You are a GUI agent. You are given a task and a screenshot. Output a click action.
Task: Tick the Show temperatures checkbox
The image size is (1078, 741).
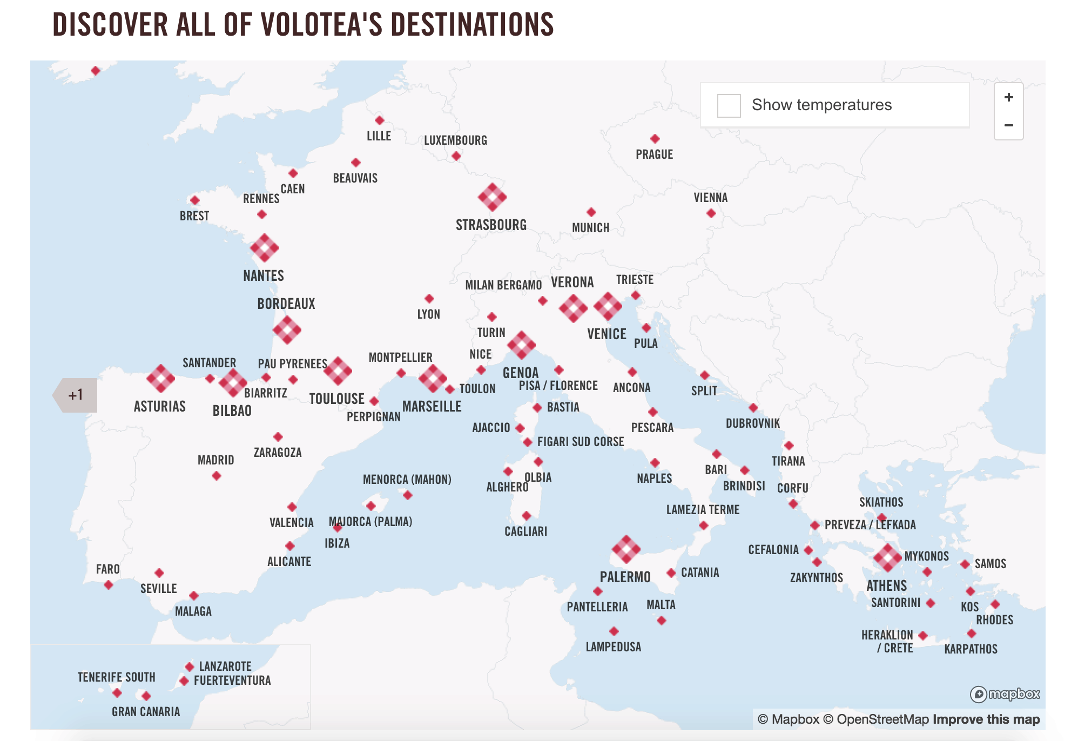pos(729,105)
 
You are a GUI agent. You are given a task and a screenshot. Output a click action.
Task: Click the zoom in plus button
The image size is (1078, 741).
pos(1008,98)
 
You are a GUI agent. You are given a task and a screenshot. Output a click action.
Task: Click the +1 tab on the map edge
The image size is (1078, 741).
pos(76,395)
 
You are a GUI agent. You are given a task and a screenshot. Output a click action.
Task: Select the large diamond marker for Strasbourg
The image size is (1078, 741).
pos(492,197)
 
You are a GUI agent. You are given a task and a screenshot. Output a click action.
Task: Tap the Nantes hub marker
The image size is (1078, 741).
pos(264,248)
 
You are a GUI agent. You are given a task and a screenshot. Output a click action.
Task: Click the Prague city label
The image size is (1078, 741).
pos(654,154)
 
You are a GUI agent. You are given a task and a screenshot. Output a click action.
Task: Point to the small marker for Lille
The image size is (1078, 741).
pos(380,120)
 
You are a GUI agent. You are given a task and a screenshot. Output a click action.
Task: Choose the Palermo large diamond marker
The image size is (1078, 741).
pos(626,549)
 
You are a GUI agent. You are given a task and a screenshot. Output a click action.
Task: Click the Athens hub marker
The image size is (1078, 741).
pos(887,558)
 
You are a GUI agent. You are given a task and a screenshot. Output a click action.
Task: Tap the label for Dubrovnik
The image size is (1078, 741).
pos(752,423)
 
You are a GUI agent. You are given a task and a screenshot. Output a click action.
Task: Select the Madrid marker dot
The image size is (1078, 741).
pos(217,476)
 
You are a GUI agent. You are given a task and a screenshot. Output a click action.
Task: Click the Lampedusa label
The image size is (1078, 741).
pos(614,647)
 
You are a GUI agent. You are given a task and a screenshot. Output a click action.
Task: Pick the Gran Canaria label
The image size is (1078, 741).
pos(146,712)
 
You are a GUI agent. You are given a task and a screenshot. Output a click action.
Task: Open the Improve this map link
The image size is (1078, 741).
pos(986,719)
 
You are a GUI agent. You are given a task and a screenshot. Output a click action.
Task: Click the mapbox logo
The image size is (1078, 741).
pos(1005,694)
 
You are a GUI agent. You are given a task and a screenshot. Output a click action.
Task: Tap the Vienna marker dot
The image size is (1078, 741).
pos(711,213)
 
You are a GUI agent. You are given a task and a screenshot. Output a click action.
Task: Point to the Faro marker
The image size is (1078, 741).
pos(109,585)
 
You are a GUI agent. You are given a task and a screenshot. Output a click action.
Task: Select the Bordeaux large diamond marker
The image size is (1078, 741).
pos(287,330)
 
